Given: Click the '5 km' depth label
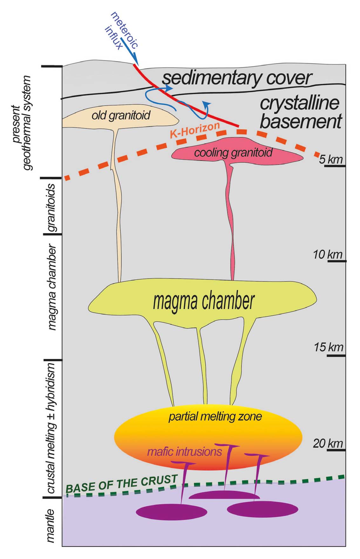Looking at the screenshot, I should click(331, 159).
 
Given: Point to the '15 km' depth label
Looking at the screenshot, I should click(329, 347).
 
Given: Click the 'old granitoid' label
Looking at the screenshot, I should click(121, 115).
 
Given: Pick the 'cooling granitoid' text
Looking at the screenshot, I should click(233, 153).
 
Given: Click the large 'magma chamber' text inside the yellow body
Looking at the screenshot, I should click(204, 301).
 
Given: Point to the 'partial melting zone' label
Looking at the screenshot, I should click(215, 416).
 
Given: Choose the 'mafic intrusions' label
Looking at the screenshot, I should click(184, 452).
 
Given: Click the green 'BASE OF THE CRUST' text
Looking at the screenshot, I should click(121, 484).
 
